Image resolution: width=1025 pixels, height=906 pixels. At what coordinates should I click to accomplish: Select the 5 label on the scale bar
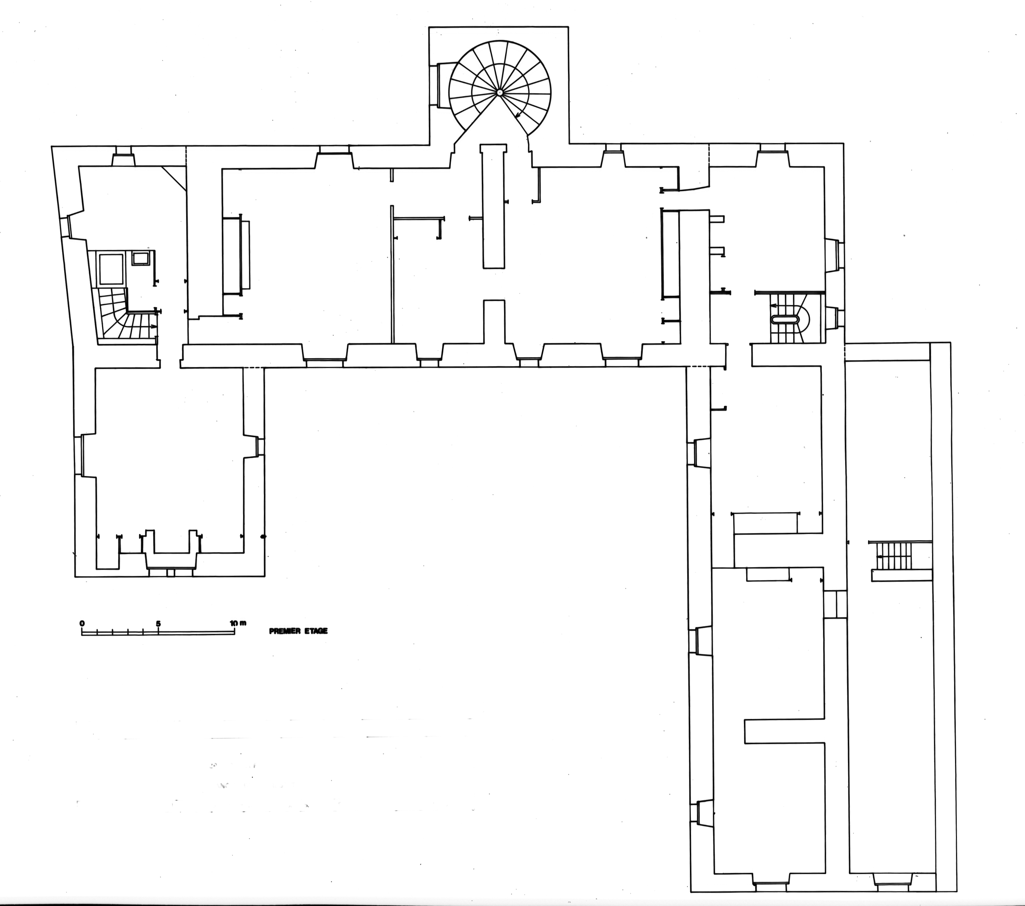159,623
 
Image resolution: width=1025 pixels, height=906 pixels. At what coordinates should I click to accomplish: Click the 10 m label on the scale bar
238,623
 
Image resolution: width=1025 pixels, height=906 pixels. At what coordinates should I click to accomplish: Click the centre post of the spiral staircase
500,92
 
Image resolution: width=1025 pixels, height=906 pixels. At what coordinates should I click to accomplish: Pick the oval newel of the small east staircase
785,319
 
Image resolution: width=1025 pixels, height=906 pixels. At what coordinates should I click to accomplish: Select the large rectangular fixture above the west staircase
111,269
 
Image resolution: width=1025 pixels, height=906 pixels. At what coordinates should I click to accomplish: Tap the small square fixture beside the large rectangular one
140,259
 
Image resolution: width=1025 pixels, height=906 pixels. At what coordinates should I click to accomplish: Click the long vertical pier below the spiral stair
493,206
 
